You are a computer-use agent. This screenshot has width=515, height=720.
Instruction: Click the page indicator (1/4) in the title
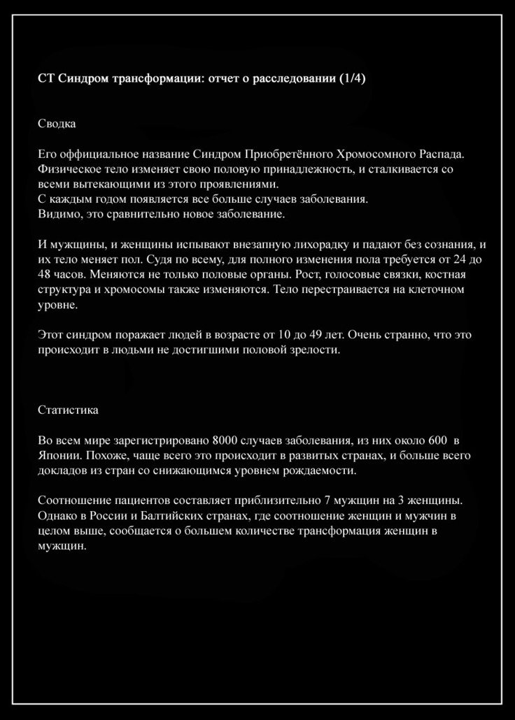coord(351,78)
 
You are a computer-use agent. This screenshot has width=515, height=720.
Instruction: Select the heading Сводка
coord(57,124)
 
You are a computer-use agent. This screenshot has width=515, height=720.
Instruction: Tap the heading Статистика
coord(68,410)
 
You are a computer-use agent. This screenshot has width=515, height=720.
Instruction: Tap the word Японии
coord(55,455)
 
